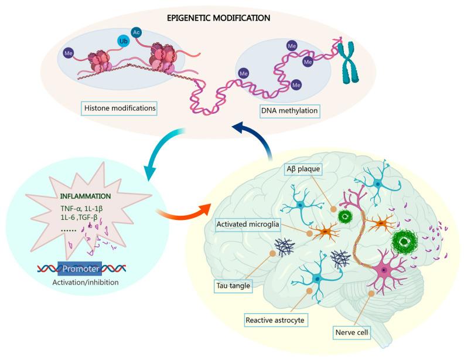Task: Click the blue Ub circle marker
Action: tap(124, 41)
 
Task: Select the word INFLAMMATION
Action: tap(86, 196)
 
